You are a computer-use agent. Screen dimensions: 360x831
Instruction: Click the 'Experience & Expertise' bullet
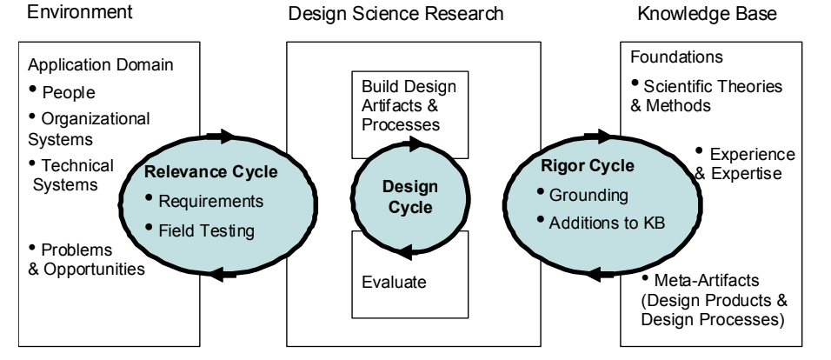click(748, 162)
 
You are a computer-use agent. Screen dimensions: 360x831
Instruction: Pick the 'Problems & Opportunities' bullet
click(87, 258)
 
